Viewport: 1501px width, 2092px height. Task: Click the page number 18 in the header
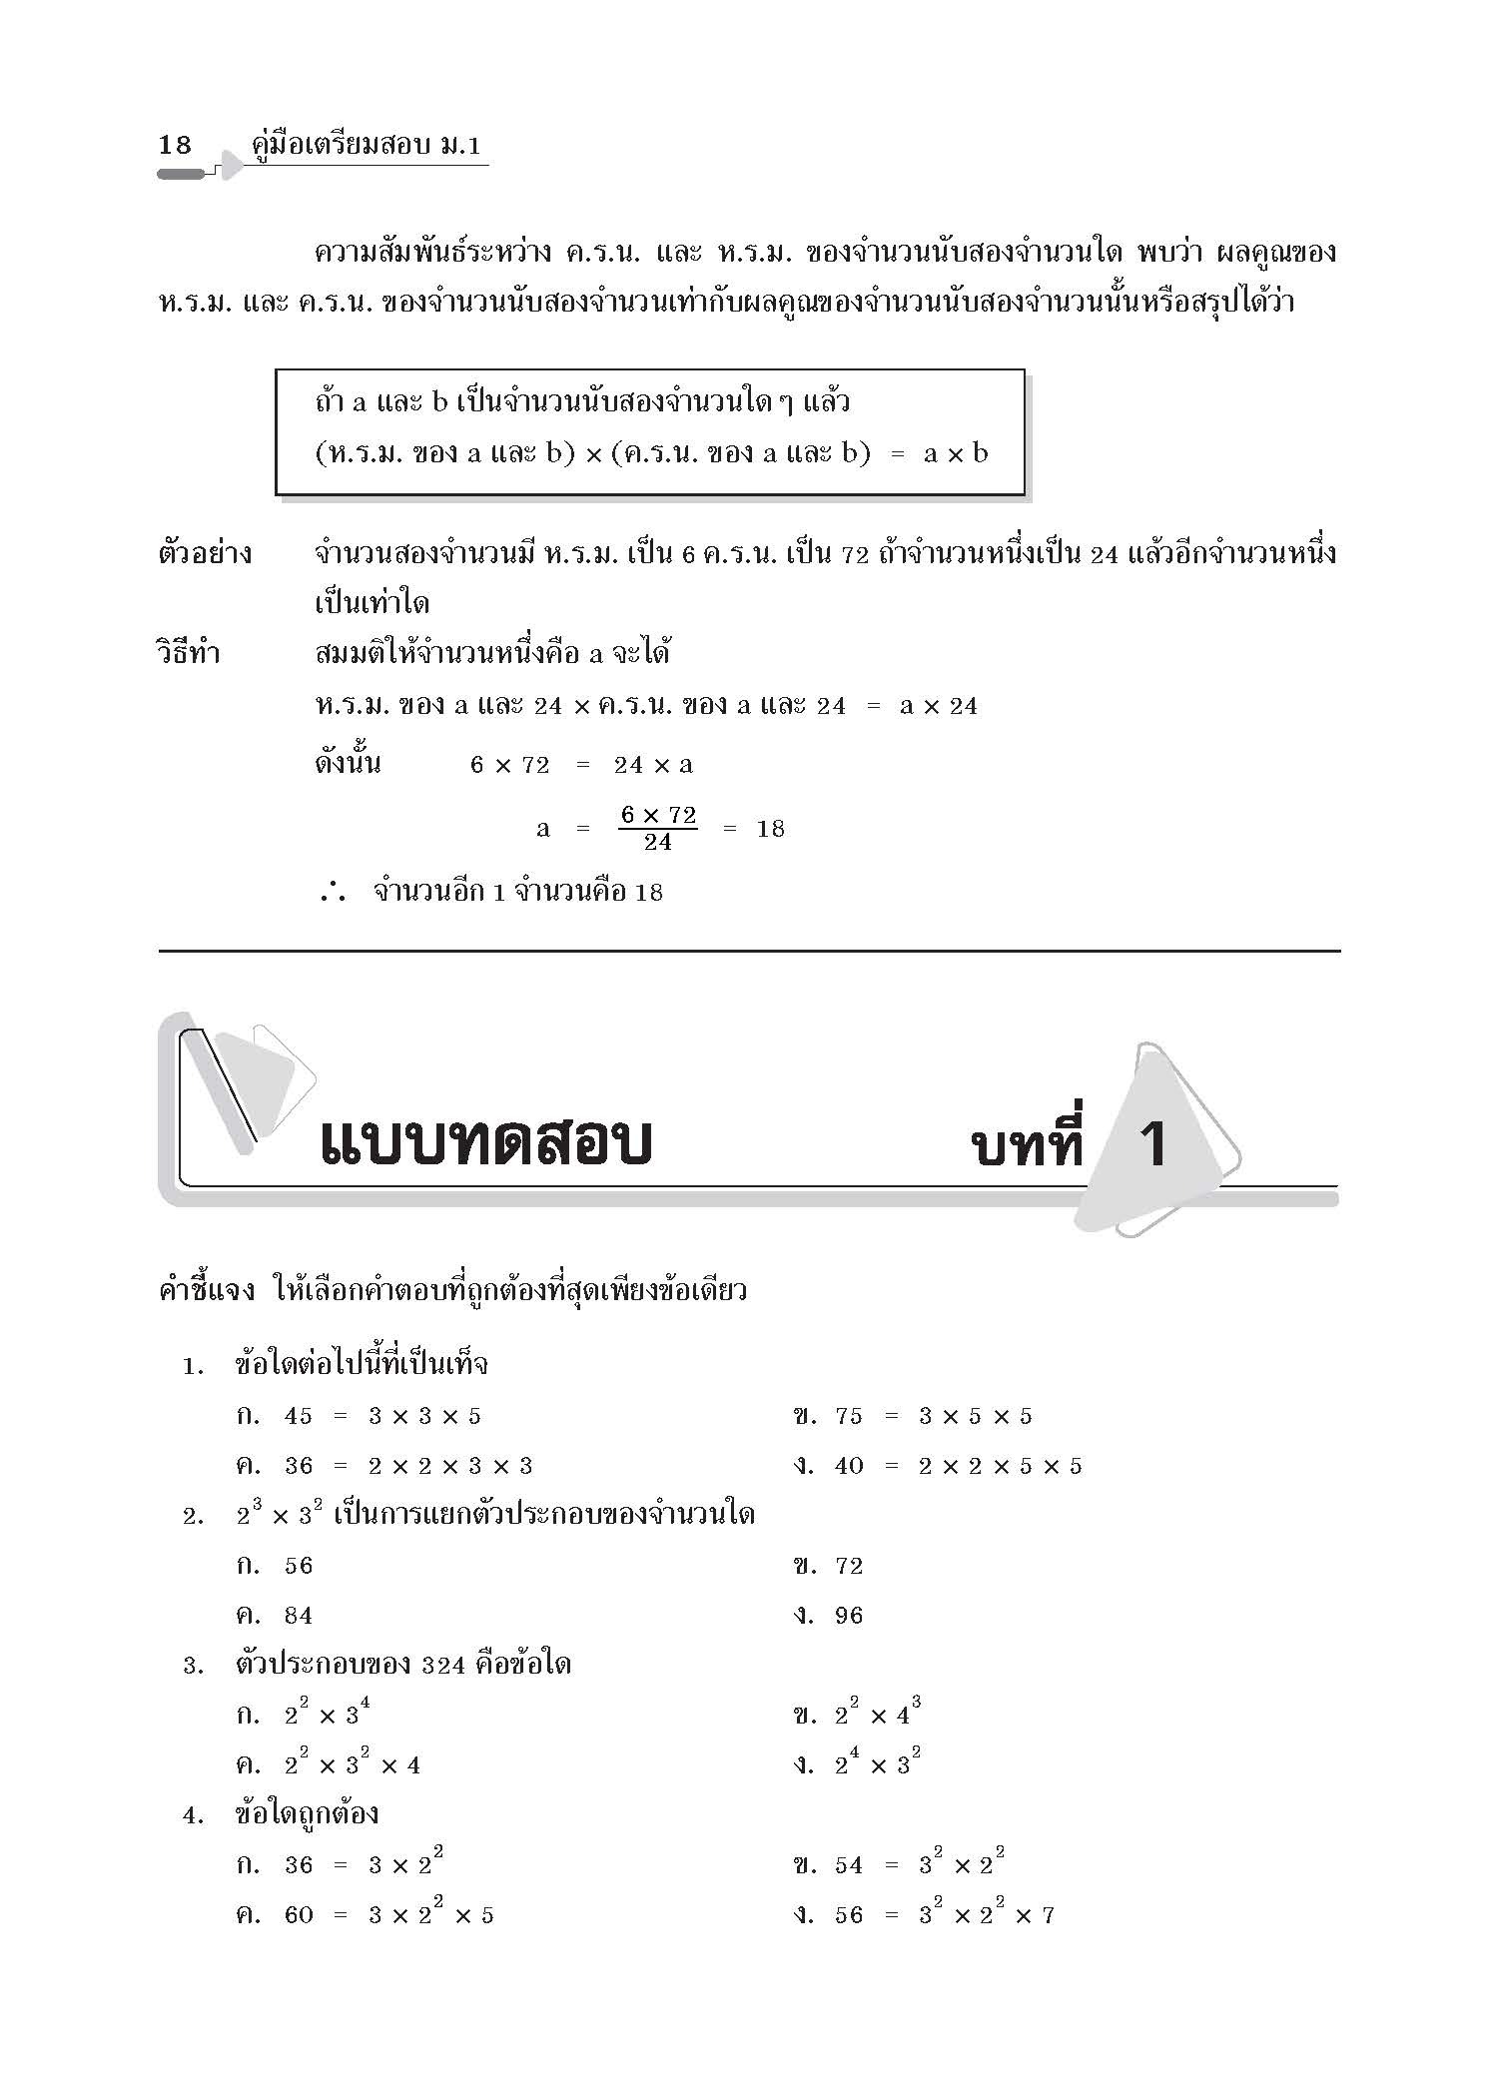coord(175,145)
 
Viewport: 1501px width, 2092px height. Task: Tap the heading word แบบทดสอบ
coord(485,1143)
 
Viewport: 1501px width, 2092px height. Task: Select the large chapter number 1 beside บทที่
coord(1153,1143)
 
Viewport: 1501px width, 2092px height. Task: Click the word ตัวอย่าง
coord(205,553)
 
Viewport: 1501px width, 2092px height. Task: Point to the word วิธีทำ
coord(189,654)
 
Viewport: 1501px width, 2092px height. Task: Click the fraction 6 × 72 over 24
coord(658,828)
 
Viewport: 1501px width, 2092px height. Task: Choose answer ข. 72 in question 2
coord(828,1566)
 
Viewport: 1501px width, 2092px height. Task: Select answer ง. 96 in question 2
coord(828,1616)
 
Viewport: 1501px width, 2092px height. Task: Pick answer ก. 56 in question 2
coord(276,1566)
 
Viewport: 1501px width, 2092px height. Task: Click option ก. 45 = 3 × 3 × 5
coord(359,1416)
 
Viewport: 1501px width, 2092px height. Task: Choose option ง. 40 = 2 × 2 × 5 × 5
coord(938,1466)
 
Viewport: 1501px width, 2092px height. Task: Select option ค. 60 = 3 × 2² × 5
coord(365,1915)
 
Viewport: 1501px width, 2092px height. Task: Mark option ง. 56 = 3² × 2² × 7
coord(924,1915)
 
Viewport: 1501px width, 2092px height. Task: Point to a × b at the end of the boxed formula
coord(956,454)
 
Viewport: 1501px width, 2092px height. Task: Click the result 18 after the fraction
coord(770,829)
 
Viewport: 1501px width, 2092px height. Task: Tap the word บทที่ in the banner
coord(1028,1143)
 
